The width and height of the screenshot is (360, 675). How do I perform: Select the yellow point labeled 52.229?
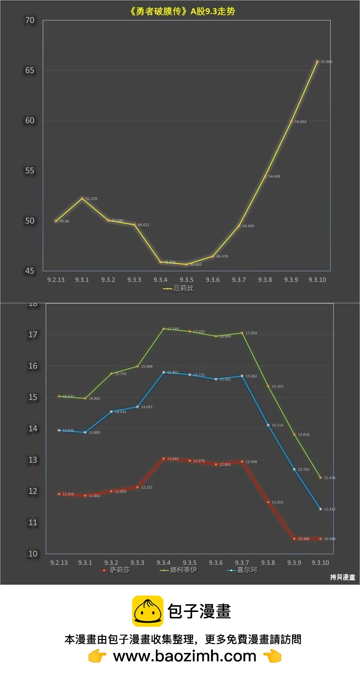(82, 198)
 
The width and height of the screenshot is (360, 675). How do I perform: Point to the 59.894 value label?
(300, 122)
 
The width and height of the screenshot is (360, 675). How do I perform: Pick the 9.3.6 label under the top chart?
(212, 280)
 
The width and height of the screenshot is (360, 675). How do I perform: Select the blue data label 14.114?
(277, 425)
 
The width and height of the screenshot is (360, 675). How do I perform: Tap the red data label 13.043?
(173, 459)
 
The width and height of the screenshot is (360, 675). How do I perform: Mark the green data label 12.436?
(329, 478)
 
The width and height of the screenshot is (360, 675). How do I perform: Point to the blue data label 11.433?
(329, 509)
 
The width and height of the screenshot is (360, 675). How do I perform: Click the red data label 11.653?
(277, 503)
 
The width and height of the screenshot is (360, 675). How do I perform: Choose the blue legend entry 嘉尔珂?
(247, 571)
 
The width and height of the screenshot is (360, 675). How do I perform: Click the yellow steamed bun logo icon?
(147, 611)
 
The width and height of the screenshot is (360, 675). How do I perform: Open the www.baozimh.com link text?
(184, 657)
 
